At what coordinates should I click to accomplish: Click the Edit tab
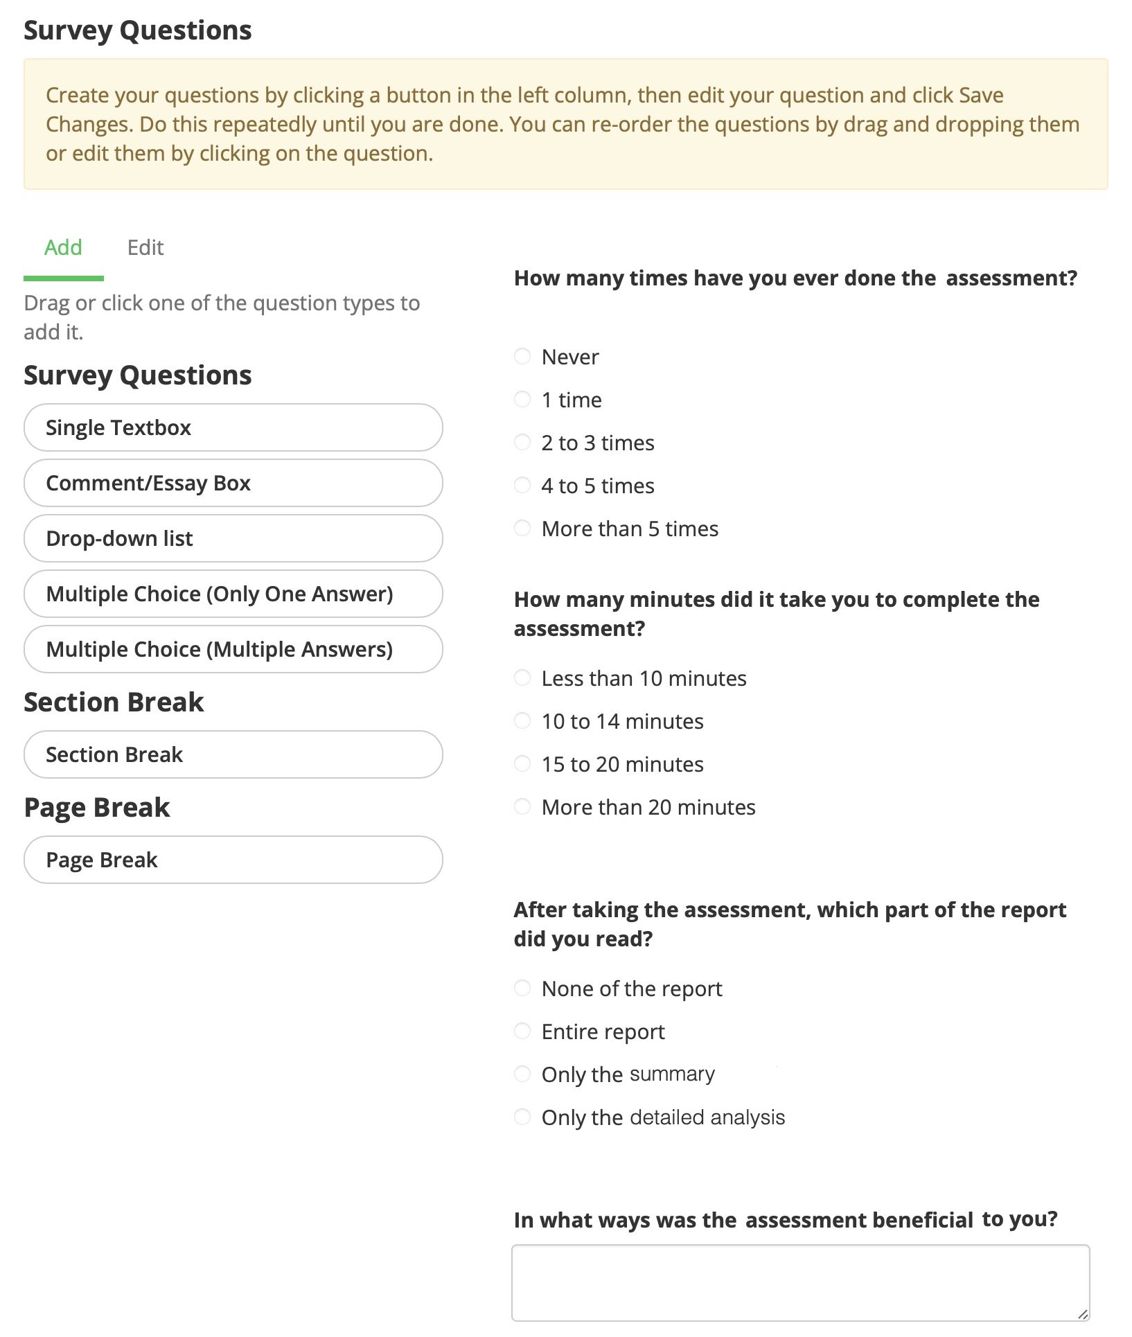click(145, 247)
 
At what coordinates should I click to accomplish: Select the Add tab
click(63, 247)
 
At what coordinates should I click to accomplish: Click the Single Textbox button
click(233, 427)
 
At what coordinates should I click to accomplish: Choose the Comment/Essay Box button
click(233, 483)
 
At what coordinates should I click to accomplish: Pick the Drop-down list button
click(233, 538)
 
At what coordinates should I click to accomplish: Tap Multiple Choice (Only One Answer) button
click(233, 594)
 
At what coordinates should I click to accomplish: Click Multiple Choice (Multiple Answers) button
click(233, 649)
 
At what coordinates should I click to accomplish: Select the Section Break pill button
click(233, 754)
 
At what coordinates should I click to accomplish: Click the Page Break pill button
click(233, 860)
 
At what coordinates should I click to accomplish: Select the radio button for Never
click(522, 356)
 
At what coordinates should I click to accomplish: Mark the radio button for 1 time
click(522, 399)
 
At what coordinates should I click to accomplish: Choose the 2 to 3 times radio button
click(522, 442)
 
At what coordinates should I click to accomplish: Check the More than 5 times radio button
click(522, 528)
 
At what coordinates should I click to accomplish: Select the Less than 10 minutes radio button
click(522, 678)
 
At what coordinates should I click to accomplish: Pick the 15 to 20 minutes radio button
click(522, 763)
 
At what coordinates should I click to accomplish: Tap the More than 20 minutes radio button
click(522, 806)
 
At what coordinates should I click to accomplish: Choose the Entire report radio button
click(522, 1031)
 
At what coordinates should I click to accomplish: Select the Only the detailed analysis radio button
click(522, 1117)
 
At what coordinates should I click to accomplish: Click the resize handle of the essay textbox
click(1083, 1313)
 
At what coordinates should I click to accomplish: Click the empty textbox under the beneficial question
click(799, 1282)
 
